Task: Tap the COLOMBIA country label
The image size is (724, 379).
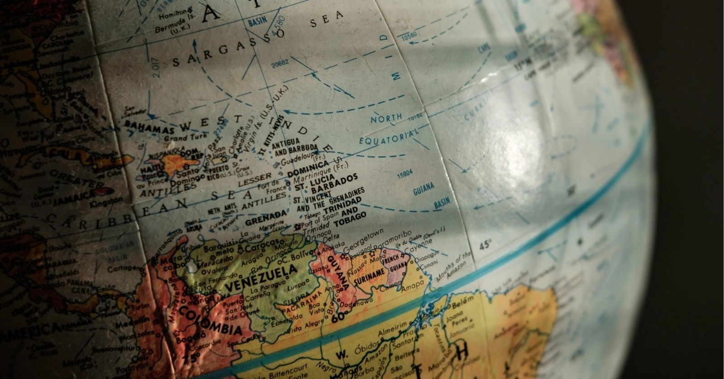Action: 210,321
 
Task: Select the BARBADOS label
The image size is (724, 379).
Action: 334,183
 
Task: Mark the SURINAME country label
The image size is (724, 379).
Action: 369,276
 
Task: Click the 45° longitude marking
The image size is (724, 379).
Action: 485,245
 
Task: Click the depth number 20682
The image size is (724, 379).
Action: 280,64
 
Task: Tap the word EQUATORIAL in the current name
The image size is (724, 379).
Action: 389,136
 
